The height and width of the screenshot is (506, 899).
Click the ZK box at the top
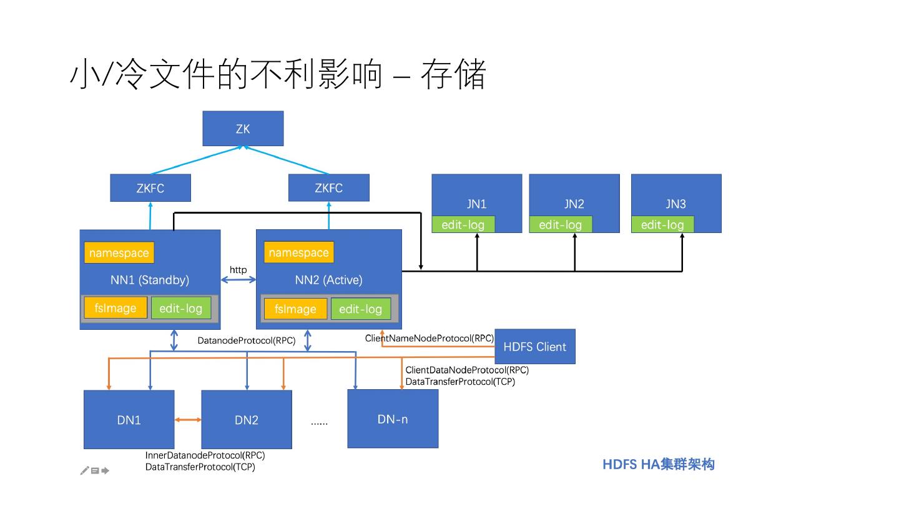coord(243,129)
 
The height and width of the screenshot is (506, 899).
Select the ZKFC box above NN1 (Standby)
coord(150,187)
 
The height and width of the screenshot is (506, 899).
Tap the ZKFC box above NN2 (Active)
coord(328,187)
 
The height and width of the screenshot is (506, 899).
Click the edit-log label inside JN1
coord(463,224)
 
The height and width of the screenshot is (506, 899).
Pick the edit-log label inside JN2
coord(561,224)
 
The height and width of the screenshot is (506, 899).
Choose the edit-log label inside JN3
coord(662,224)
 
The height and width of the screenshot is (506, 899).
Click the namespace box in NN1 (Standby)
coord(119,252)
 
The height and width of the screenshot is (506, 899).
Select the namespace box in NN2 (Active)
coord(299,252)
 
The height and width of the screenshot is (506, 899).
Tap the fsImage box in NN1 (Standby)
coord(115,308)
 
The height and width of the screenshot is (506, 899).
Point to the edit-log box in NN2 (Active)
coord(361,309)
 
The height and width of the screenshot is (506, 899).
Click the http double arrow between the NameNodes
coord(238,280)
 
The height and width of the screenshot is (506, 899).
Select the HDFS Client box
coord(535,347)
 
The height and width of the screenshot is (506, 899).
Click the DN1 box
coord(129,420)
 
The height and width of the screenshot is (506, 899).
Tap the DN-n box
coord(393,419)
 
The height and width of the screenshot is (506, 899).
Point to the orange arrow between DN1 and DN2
coord(188,420)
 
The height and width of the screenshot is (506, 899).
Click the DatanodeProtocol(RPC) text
coord(247,340)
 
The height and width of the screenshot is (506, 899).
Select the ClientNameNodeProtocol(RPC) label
coord(430,338)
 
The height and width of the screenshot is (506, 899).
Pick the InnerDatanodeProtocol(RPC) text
coord(205,455)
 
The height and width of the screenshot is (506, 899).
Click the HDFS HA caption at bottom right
coord(659,464)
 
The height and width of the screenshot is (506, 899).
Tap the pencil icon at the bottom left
coord(85,470)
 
